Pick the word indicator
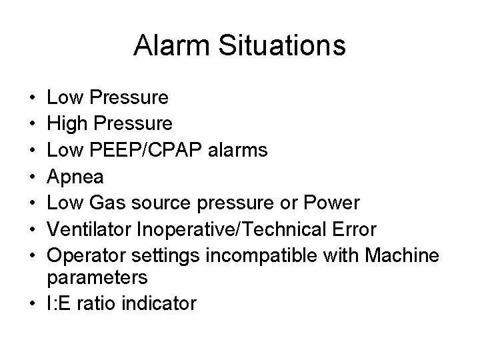161,303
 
